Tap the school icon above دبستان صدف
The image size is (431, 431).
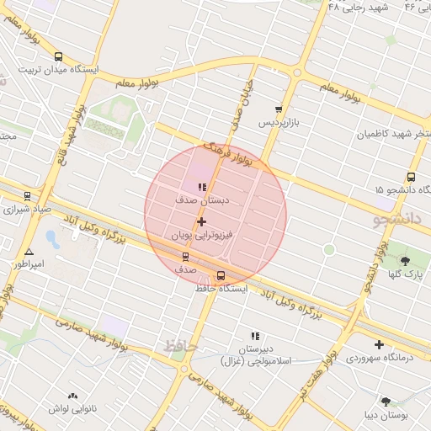(201, 187)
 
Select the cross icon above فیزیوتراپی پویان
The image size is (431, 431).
(201, 221)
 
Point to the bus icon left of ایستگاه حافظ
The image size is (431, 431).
(221, 275)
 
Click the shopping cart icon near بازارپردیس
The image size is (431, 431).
(278, 109)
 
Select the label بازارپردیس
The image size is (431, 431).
(278, 123)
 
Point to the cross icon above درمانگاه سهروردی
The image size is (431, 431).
(379, 343)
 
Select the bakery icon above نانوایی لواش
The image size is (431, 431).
(72, 394)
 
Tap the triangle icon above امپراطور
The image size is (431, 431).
(29, 251)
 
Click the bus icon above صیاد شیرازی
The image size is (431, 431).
(27, 195)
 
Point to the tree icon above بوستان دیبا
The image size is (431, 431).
(386, 402)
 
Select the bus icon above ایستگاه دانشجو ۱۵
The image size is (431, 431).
(411, 177)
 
